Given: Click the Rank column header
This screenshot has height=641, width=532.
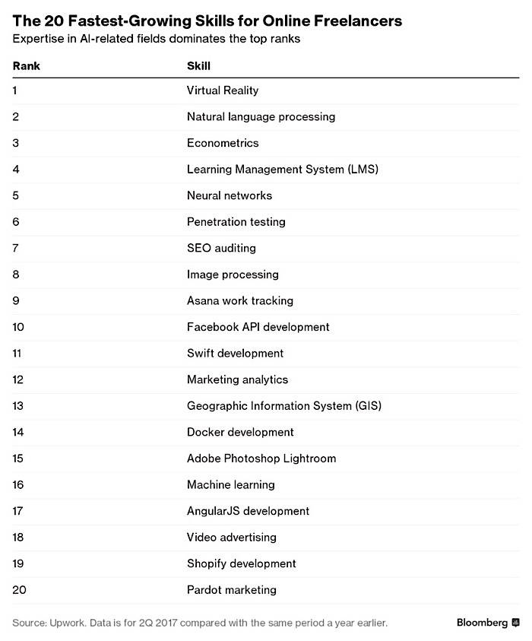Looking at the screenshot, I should [x=26, y=66].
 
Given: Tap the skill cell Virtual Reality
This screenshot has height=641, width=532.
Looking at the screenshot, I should [x=223, y=90].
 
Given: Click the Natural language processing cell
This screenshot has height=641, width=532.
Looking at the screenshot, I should [x=261, y=117].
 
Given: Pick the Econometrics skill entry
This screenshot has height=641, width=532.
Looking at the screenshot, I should [x=223, y=143].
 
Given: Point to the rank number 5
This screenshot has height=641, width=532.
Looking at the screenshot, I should [x=16, y=195].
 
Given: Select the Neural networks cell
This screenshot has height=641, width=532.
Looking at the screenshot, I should [x=229, y=195].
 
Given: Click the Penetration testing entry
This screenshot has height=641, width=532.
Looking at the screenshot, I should [x=236, y=222].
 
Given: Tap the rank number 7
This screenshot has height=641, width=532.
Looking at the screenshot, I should [x=16, y=248].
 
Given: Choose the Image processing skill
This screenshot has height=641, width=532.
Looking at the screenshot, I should [x=233, y=274].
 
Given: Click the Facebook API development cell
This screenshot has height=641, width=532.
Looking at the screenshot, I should [x=258, y=327].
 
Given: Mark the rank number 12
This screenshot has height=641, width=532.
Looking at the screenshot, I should [x=19, y=379].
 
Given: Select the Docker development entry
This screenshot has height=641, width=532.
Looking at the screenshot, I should [x=240, y=432].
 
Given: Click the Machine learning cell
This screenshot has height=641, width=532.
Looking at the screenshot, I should [x=230, y=484].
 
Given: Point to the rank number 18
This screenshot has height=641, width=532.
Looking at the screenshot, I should [x=19, y=537].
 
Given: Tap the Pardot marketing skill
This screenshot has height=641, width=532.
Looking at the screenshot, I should [x=231, y=589].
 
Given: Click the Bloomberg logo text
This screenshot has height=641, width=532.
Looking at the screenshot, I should [x=482, y=623].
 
